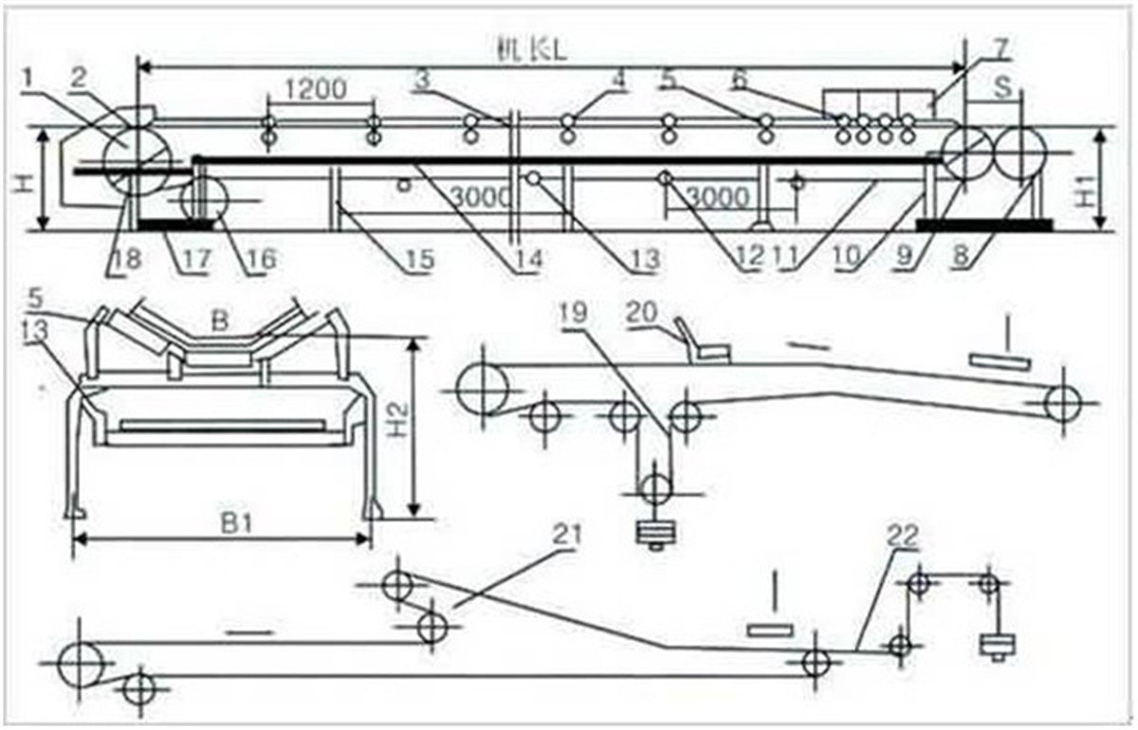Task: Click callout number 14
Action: [x=528, y=258]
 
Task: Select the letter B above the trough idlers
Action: [x=221, y=320]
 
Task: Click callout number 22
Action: [x=902, y=537]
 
